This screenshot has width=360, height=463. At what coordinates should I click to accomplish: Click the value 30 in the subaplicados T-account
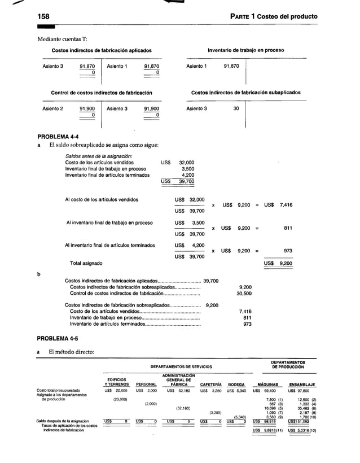(236, 108)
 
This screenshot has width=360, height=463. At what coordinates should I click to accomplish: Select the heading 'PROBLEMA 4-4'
(58, 137)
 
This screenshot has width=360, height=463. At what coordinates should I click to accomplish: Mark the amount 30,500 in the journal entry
(244, 294)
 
